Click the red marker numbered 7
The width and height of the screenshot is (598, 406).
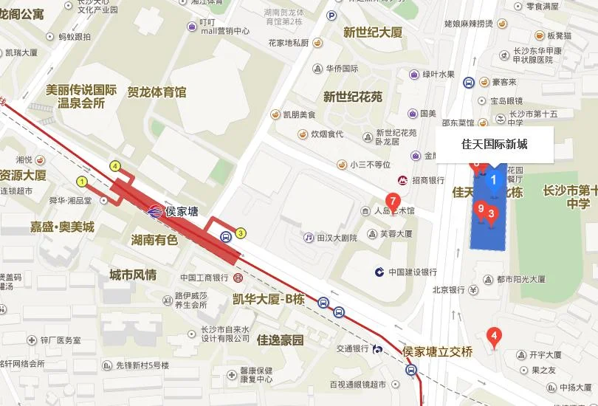[393, 199]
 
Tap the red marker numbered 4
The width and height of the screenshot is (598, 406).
[495, 336]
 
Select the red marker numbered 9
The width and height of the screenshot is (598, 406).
[481, 210]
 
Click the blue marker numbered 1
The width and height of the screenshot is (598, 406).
[494, 178]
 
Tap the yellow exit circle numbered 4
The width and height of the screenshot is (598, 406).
[114, 166]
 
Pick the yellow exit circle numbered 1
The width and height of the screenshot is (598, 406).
[81, 181]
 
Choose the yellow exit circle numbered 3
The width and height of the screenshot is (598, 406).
[241, 233]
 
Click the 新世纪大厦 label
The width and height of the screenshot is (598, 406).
[373, 32]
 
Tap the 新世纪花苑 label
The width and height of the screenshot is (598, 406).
[353, 97]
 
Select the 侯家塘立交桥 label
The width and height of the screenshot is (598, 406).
[441, 351]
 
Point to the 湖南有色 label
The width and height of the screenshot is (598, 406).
[154, 239]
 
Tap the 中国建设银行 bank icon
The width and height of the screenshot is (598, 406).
[379, 272]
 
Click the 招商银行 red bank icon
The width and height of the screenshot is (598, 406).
[403, 180]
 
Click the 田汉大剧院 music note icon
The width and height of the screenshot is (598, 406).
[309, 238]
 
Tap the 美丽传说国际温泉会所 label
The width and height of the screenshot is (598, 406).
[81, 97]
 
